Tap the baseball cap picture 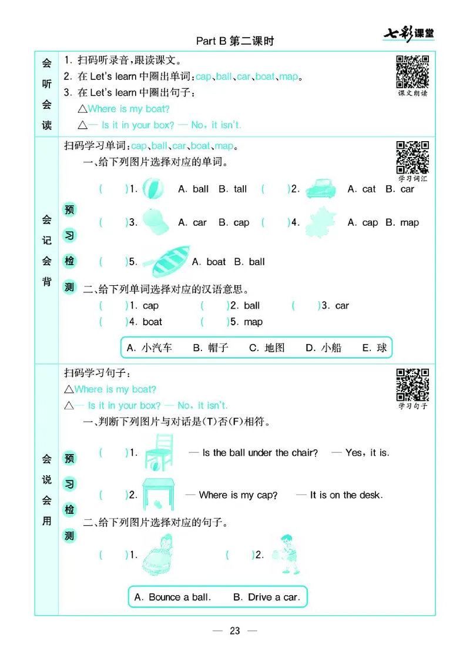(x=156, y=222)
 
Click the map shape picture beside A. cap (x=320, y=222)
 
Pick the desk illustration (x=158, y=493)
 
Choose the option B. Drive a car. (x=266, y=597)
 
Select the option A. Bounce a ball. (x=172, y=597)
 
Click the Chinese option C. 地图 (x=267, y=348)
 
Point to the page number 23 (x=235, y=631)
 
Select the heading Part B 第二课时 (x=235, y=41)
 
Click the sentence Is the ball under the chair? (x=260, y=453)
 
